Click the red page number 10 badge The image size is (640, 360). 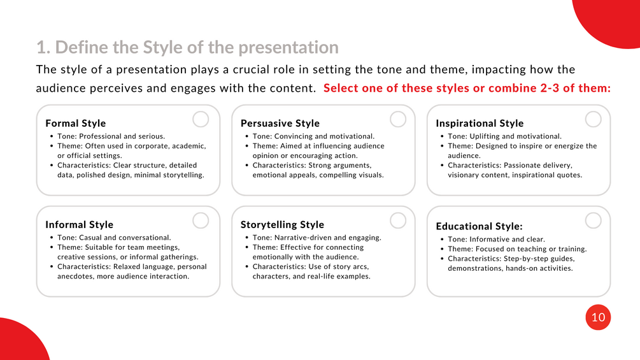pyautogui.click(x=598, y=317)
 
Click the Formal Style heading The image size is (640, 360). pyautogui.click(x=76, y=123)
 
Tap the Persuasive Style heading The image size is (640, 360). pyautogui.click(x=280, y=123)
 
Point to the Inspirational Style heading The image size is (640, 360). pyautogui.click(x=480, y=123)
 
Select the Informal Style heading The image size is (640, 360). pyautogui.click(x=79, y=224)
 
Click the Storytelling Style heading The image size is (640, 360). pyautogui.click(x=282, y=224)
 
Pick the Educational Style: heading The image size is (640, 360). pyautogui.click(x=479, y=226)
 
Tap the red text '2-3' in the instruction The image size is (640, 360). pyautogui.click(x=550, y=88)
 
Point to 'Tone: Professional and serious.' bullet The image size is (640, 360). pyautogui.click(x=111, y=136)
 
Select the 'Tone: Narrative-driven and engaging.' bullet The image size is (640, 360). pyautogui.click(x=316, y=238)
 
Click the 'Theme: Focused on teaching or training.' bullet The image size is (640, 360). pyautogui.click(x=517, y=249)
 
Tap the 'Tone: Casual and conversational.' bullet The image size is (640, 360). pyautogui.click(x=114, y=238)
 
